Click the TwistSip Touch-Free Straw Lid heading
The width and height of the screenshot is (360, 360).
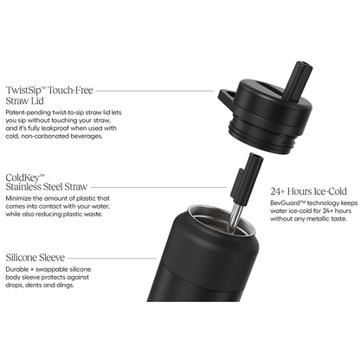49,95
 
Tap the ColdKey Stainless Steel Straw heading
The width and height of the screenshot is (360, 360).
47,183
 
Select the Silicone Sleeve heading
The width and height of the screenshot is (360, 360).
35,257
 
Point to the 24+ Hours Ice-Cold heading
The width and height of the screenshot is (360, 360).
309,191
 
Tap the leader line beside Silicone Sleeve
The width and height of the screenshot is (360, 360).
112,258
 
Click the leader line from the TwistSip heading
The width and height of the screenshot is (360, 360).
155,91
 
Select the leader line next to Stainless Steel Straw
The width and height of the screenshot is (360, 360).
159,187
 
